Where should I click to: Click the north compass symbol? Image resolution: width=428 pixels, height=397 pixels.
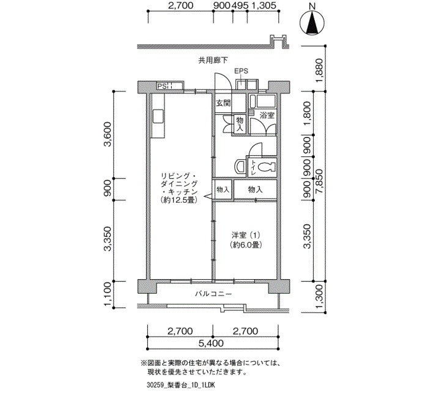[x=312, y=21]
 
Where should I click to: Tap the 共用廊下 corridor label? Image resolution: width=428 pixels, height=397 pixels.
[x=213, y=60]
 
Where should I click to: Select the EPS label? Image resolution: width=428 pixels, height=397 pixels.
[x=242, y=71]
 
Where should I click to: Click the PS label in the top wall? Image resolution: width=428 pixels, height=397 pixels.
[x=162, y=86]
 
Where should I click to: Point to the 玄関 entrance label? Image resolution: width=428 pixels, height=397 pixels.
[x=223, y=103]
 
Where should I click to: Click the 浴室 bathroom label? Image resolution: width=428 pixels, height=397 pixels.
[x=267, y=115]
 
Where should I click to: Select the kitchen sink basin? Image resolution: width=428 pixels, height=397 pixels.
[x=158, y=116]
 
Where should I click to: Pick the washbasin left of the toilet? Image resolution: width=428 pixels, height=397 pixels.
[x=240, y=166]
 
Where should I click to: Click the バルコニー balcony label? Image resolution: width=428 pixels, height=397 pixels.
[x=213, y=294]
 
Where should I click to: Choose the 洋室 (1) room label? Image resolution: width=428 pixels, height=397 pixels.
[x=246, y=235]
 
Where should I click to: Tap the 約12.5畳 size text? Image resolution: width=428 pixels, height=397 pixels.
[x=179, y=200]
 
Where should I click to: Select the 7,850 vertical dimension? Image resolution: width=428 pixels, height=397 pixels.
[x=319, y=181]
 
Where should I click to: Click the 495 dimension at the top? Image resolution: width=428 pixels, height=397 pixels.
[x=240, y=5]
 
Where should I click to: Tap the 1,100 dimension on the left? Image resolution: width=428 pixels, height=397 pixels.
[x=108, y=294]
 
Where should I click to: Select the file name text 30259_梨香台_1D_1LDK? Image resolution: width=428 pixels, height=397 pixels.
[x=180, y=385]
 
